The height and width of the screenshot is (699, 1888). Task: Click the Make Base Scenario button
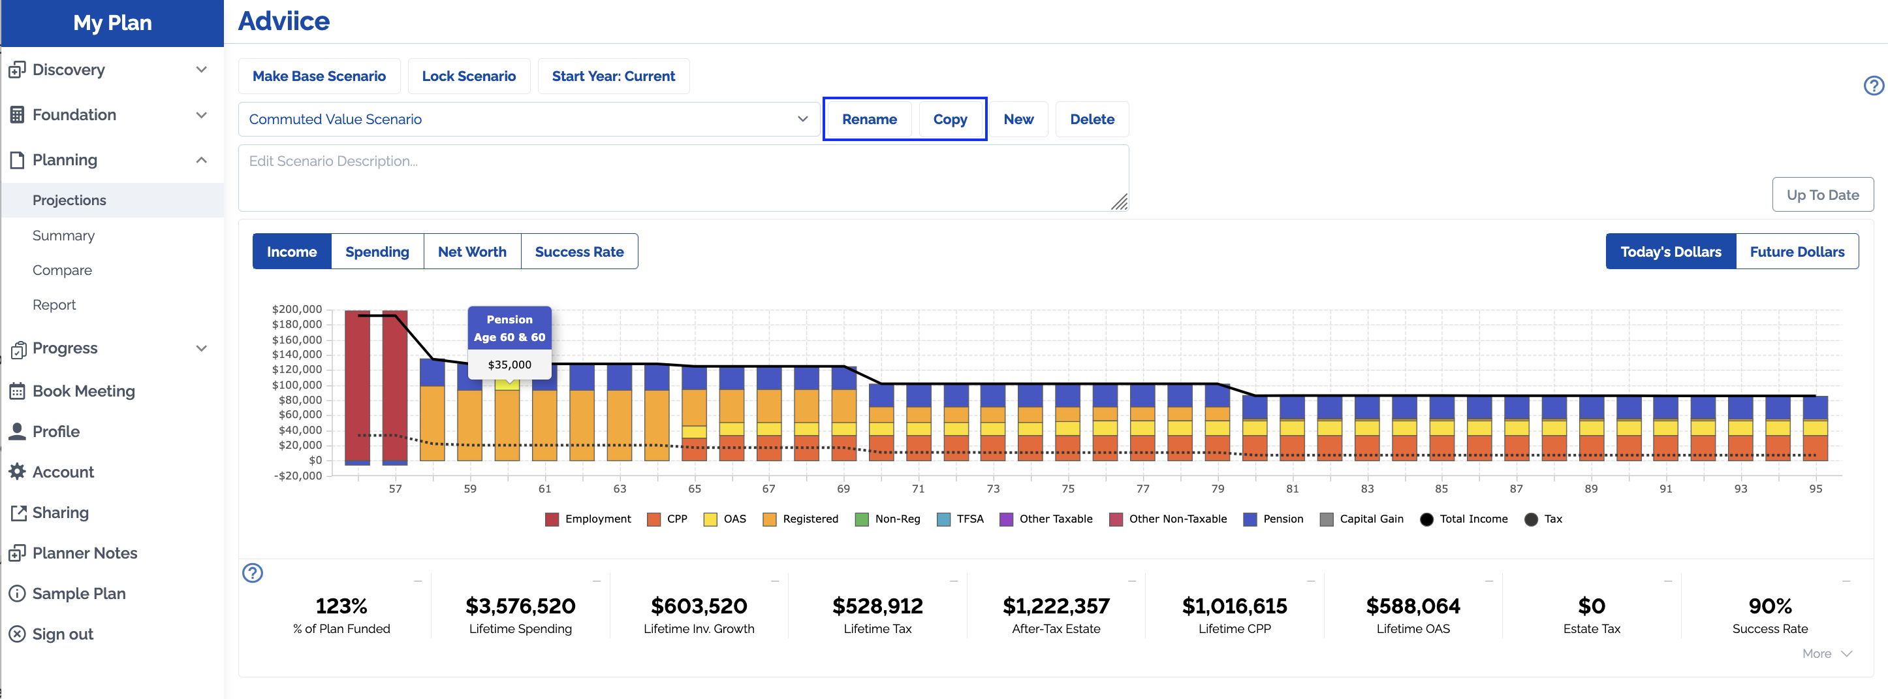tap(319, 76)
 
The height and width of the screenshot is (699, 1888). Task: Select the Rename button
tap(868, 120)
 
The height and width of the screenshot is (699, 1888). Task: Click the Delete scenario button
tap(1092, 120)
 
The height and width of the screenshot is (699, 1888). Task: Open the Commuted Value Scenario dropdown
tap(528, 120)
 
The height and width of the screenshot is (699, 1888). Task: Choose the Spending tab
tap(377, 252)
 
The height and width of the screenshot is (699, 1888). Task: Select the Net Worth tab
tap(472, 252)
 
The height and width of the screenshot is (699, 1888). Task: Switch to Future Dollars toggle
tap(1797, 252)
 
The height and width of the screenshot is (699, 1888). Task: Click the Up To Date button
tap(1822, 195)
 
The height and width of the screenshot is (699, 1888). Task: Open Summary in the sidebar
tap(64, 235)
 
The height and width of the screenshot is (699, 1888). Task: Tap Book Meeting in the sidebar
tap(83, 391)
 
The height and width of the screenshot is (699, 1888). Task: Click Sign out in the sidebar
tap(62, 634)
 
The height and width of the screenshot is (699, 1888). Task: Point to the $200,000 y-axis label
tap(297, 309)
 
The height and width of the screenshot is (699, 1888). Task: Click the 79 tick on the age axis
tap(1218, 489)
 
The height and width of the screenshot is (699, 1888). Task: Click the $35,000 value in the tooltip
tap(509, 365)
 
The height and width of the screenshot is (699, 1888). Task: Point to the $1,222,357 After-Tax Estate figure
tap(1056, 606)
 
